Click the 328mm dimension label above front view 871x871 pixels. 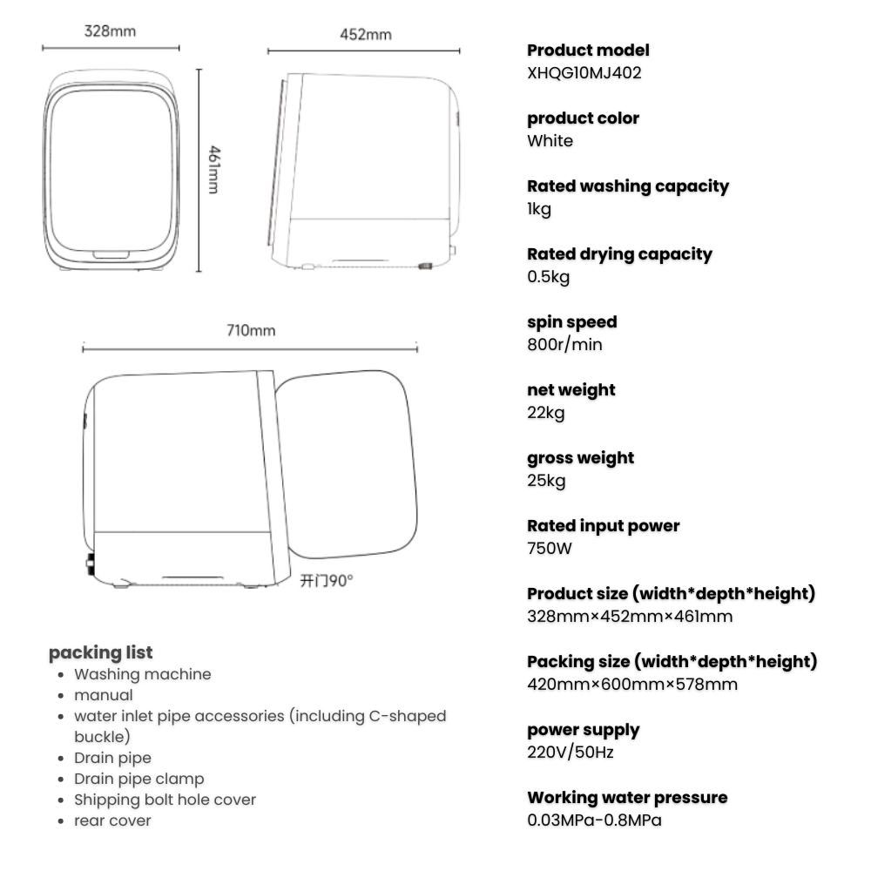(x=110, y=31)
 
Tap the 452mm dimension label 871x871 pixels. (x=365, y=35)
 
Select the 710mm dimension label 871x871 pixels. (x=251, y=331)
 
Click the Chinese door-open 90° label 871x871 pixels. (x=327, y=581)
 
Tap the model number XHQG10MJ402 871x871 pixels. (x=584, y=73)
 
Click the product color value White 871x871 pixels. (x=550, y=141)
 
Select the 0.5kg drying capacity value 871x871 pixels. (x=549, y=277)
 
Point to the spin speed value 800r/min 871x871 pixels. (x=564, y=345)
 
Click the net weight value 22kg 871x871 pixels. (x=546, y=413)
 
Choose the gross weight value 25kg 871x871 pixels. (x=546, y=481)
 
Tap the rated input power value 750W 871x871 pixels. (x=550, y=549)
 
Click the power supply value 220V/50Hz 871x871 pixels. (x=570, y=753)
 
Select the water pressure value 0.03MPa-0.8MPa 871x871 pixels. (x=601, y=820)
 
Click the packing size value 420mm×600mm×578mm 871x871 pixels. (x=632, y=685)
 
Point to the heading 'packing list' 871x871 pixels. (x=100, y=652)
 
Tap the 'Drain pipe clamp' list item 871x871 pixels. (x=139, y=779)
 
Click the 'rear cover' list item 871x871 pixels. (x=112, y=820)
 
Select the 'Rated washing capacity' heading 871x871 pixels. (x=628, y=186)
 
